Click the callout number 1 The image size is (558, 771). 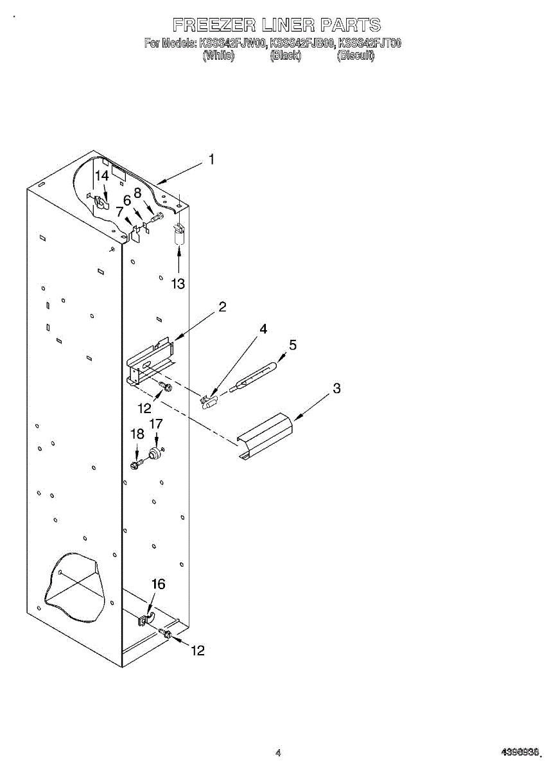point(212,159)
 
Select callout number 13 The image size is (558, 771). point(178,283)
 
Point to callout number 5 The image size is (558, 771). point(293,345)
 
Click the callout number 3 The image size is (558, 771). point(336,388)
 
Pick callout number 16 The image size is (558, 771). point(158,584)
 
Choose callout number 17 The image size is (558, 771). point(156,423)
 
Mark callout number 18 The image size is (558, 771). point(137,434)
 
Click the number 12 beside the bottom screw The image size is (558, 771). point(198,651)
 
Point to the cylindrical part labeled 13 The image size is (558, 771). point(179,235)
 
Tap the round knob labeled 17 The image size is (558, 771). point(154,454)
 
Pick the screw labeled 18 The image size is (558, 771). point(135,464)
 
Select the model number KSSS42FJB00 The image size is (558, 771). point(302,44)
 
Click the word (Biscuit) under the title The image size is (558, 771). point(356,56)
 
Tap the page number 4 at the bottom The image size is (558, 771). point(278,752)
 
